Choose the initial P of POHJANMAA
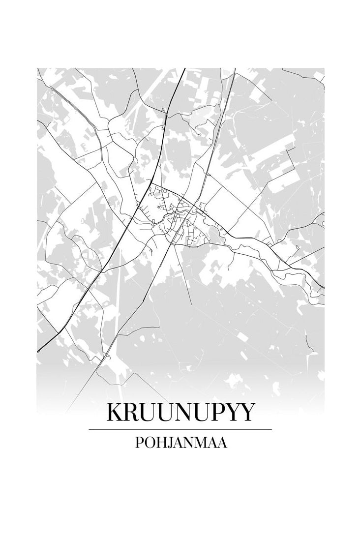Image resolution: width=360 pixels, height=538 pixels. (139, 443)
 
